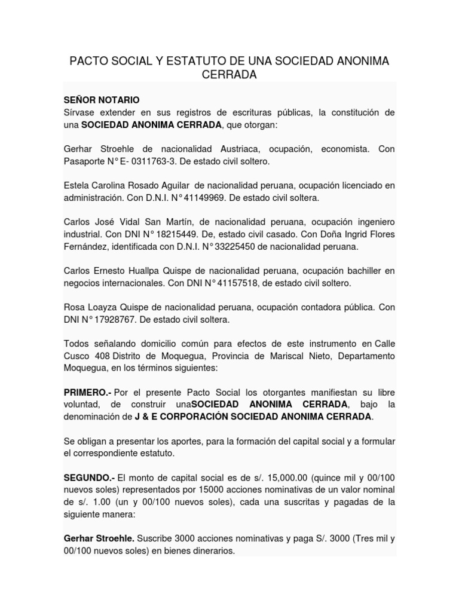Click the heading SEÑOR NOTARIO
pyautogui.click(x=102, y=100)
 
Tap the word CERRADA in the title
pyautogui.click(x=229, y=75)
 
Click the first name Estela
pyautogui.click(x=77, y=186)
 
